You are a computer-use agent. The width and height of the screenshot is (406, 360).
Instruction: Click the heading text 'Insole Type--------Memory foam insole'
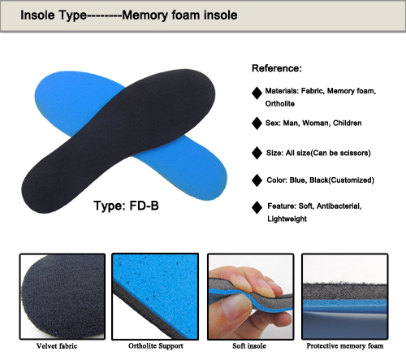click(129, 15)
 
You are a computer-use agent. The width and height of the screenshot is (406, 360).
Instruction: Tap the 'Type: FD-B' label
click(126, 206)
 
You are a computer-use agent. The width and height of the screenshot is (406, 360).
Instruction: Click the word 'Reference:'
click(277, 68)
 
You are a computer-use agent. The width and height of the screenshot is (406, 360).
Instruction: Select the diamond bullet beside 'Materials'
click(257, 93)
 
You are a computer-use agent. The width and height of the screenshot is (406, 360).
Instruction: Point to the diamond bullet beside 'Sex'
click(257, 124)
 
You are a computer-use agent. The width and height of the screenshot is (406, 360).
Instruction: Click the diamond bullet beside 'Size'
click(257, 153)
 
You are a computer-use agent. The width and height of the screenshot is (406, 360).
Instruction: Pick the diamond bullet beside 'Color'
click(257, 180)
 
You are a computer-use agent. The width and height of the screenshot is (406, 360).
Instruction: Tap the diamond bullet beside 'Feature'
click(257, 208)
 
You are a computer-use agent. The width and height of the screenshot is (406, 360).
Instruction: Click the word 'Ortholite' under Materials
click(280, 104)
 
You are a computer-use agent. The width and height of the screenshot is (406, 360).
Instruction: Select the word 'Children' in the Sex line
click(348, 123)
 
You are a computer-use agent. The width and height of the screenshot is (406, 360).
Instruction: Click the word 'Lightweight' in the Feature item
click(287, 219)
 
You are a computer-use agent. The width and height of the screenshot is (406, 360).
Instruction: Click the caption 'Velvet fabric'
click(57, 346)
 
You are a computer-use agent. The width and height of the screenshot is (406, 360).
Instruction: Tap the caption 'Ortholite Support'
click(156, 346)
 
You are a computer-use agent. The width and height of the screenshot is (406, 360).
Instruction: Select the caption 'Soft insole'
click(249, 346)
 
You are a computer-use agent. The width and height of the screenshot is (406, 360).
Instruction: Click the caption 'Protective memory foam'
click(345, 346)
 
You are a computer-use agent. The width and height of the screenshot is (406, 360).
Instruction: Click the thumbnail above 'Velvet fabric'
click(63, 297)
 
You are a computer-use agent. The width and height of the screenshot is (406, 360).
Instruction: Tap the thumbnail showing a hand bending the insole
click(251, 297)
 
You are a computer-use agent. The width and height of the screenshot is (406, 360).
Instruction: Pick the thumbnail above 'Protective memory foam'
click(345, 297)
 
